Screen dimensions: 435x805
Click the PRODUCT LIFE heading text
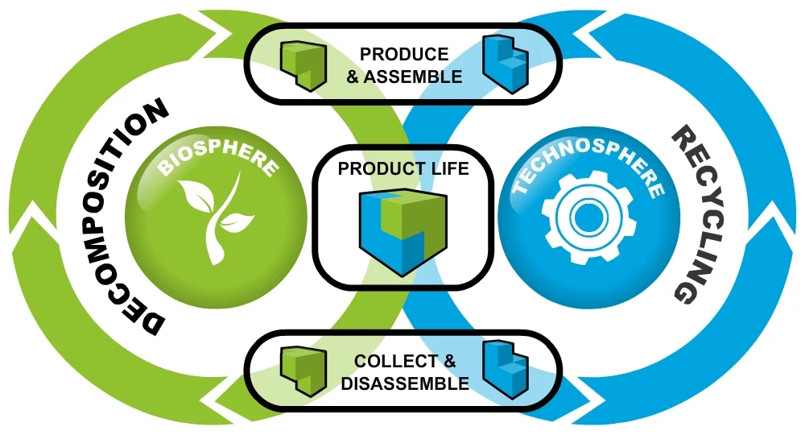(x=403, y=169)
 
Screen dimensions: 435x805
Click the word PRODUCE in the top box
(x=404, y=55)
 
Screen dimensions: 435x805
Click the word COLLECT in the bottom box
(x=395, y=362)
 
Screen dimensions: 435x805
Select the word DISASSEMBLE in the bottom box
(x=405, y=383)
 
